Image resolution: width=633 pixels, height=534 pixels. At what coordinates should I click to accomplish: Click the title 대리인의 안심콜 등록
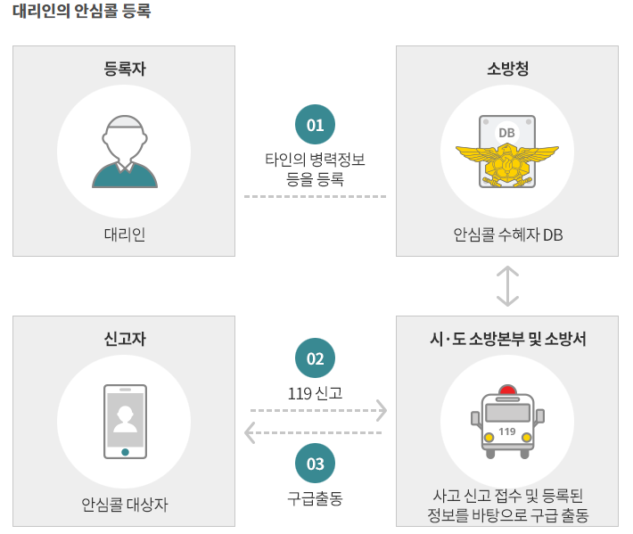click(x=82, y=12)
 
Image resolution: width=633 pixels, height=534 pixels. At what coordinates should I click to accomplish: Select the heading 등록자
click(x=124, y=69)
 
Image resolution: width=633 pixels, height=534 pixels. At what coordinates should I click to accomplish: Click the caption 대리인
click(x=124, y=234)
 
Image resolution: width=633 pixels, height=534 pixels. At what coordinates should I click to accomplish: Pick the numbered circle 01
click(x=315, y=125)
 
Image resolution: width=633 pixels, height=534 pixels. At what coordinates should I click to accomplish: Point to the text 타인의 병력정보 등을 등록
click(x=315, y=168)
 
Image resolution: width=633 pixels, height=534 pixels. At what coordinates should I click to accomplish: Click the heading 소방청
click(x=507, y=69)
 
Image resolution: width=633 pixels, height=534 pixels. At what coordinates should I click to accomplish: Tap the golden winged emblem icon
click(x=506, y=161)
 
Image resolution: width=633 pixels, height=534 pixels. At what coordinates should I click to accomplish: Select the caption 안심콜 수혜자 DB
click(x=507, y=234)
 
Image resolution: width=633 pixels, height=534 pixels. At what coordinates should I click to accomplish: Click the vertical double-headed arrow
click(x=507, y=285)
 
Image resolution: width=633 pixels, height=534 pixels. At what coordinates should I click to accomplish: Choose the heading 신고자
click(x=124, y=339)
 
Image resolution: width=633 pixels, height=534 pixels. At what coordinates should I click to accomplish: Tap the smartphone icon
click(x=125, y=421)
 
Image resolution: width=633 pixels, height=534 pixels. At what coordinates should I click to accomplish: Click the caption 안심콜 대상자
click(x=124, y=505)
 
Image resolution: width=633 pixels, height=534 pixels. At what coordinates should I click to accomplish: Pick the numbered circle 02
click(x=315, y=358)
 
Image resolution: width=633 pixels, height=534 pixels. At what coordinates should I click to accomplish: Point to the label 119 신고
click(x=315, y=392)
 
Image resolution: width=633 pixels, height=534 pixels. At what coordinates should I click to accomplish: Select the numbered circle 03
click(x=315, y=464)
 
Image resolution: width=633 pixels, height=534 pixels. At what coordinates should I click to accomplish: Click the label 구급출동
click(x=315, y=498)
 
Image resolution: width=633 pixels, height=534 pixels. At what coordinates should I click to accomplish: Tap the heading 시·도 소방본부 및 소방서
click(x=507, y=339)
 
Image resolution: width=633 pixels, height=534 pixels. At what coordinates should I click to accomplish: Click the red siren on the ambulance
click(x=507, y=390)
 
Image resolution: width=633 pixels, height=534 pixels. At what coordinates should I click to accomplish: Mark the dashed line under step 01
click(x=315, y=196)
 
